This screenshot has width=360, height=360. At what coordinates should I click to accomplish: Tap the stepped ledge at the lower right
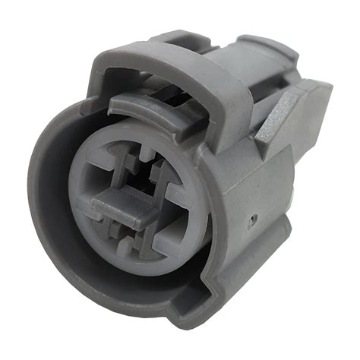pyautogui.click(x=277, y=251)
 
